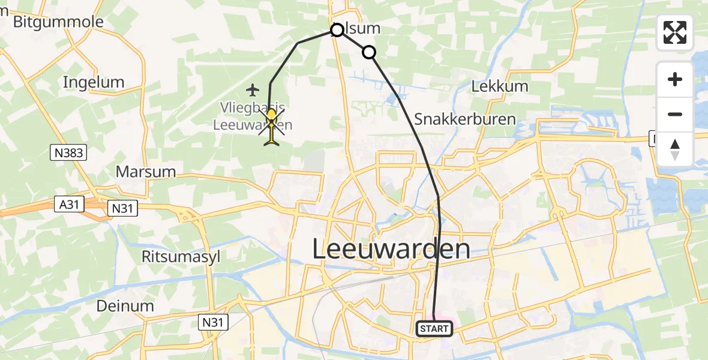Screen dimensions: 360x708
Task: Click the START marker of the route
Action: tap(434, 328)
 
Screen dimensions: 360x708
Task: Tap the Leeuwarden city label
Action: tap(391, 249)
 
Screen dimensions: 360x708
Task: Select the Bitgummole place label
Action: tap(58, 22)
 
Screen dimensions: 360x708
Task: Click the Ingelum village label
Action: tap(94, 82)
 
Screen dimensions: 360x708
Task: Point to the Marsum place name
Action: tap(146, 172)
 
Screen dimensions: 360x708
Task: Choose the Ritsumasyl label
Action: tap(181, 257)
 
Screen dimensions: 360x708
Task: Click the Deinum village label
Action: tap(125, 306)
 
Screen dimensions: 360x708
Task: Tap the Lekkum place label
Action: tap(500, 86)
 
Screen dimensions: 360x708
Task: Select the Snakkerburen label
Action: tap(465, 119)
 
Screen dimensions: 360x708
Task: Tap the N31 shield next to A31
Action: tap(122, 208)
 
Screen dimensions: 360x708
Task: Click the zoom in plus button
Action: tap(675, 79)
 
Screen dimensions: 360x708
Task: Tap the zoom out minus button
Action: tap(675, 114)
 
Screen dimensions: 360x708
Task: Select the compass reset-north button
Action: tap(675, 149)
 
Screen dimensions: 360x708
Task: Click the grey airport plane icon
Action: tap(253, 90)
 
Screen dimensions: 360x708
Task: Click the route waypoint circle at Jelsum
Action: tap(337, 29)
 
